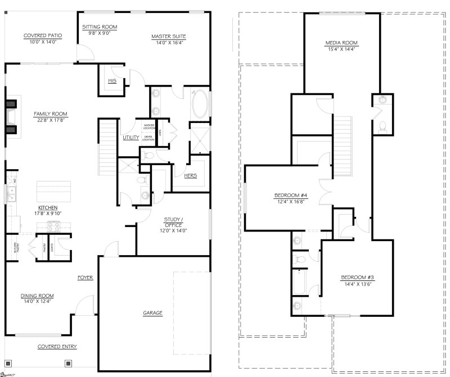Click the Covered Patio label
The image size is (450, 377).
43,36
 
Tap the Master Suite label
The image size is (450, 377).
168,37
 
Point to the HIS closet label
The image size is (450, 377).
111,81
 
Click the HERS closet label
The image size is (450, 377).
191,176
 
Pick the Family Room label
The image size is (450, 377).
50,113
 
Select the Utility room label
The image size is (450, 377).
131,138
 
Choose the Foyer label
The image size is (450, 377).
85,278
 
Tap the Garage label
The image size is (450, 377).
152,312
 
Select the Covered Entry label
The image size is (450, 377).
57,347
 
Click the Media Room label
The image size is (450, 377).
341,43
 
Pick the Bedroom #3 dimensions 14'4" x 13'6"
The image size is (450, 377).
357,284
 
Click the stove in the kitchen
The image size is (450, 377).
53,226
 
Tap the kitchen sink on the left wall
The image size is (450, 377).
11,194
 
